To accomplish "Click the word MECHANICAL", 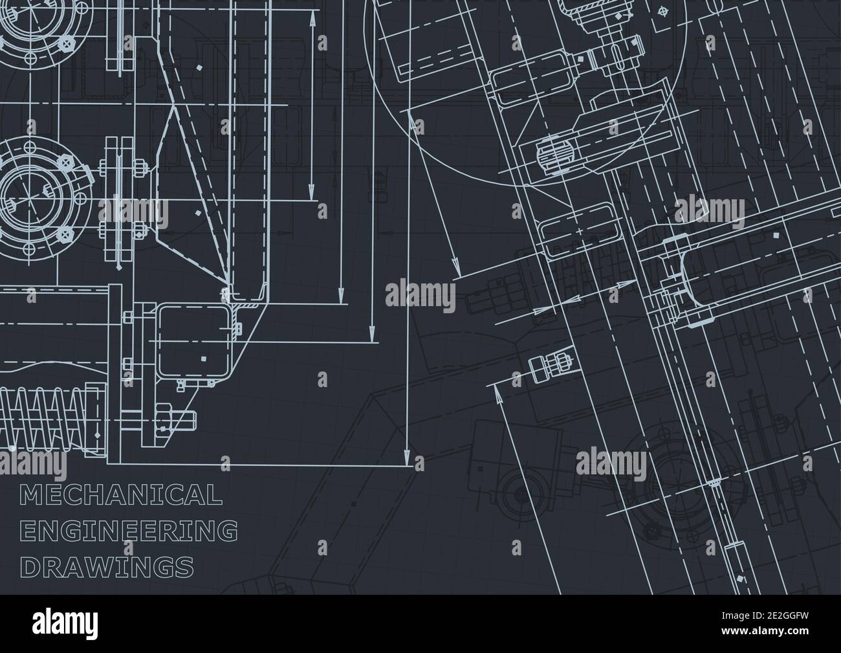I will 122,495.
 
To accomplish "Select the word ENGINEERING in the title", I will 129,531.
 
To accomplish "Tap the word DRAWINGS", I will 107,568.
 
